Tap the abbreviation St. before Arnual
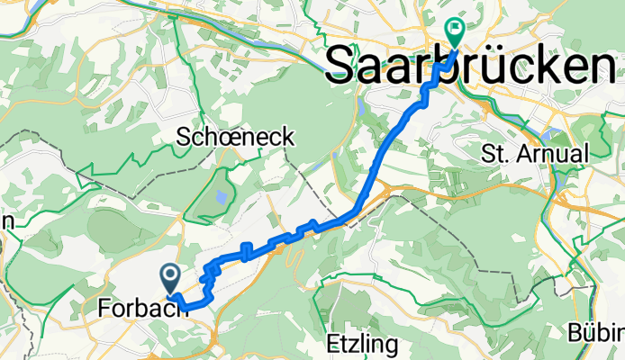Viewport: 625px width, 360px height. tap(496, 152)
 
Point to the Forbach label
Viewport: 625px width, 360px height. tap(141, 309)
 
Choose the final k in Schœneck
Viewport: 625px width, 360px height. tap(288, 136)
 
